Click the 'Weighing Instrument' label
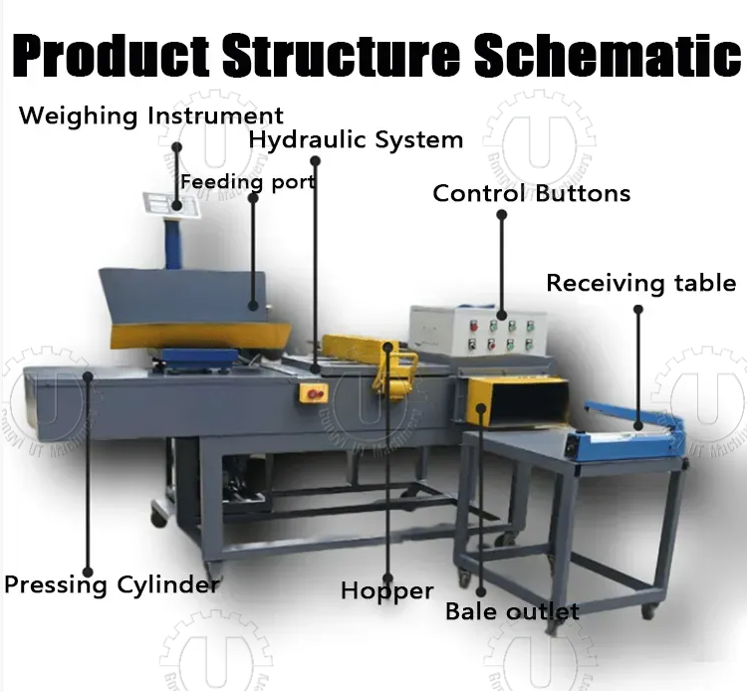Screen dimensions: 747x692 click(150, 115)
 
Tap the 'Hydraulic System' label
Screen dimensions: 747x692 click(356, 139)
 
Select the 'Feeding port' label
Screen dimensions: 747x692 click(247, 182)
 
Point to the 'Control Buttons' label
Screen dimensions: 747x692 click(531, 193)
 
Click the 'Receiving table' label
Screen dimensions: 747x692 click(641, 283)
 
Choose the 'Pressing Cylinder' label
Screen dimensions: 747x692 click(111, 583)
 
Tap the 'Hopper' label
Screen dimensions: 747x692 click(386, 590)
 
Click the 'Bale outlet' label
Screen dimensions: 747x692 click(512, 610)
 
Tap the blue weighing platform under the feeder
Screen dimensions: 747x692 click(199, 356)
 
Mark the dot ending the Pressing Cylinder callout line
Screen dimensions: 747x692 click(89, 374)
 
